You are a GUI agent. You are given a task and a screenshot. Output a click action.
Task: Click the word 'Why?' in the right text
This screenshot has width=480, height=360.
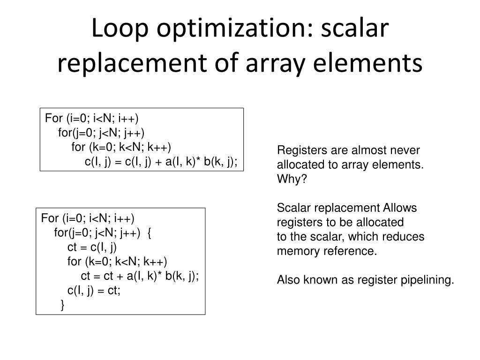pyautogui.click(x=291, y=179)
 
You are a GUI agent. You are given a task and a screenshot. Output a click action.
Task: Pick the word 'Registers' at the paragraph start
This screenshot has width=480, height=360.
pyautogui.click(x=299, y=150)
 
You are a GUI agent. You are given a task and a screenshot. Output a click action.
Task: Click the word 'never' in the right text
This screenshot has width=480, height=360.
pyautogui.click(x=407, y=150)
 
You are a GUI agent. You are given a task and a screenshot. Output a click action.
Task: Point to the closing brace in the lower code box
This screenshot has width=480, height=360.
pyautogui.click(x=63, y=306)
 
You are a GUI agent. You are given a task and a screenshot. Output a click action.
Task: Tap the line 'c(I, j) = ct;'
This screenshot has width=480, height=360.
pyautogui.click(x=94, y=291)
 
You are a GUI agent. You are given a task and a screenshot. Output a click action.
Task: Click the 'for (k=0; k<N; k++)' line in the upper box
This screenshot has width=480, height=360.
pyautogui.click(x=121, y=147)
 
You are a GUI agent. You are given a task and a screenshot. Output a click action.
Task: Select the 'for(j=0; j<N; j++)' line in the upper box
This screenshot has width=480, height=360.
pyautogui.click(x=101, y=132)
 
